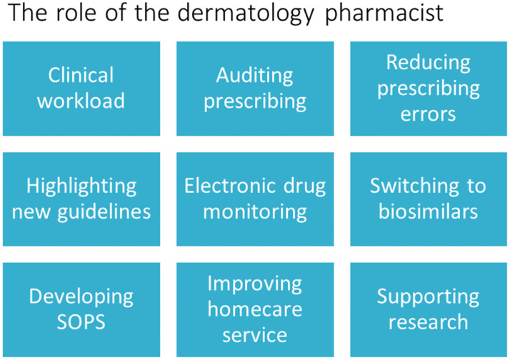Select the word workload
point(81,100)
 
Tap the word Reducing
point(428,63)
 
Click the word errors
point(428,113)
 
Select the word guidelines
point(107,211)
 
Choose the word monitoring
point(254,211)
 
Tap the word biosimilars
point(428,211)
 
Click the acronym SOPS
point(81,322)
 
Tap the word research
point(428,321)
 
